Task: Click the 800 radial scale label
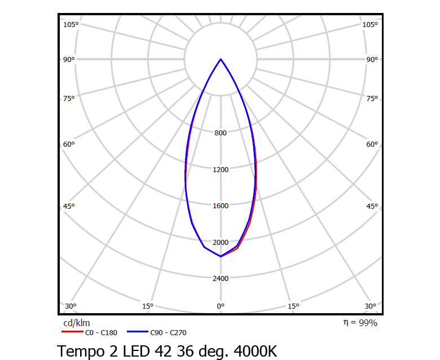click(221, 133)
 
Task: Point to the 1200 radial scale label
click(221, 169)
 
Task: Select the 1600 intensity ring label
click(221, 206)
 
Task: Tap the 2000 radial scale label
click(221, 242)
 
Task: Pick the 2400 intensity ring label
click(221, 279)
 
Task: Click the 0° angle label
click(221, 306)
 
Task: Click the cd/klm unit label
click(76, 323)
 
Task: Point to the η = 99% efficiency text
click(360, 323)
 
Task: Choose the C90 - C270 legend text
click(169, 333)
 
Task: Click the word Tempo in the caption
click(80, 351)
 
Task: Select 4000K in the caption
click(253, 350)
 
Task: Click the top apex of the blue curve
click(221, 59)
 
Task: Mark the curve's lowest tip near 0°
click(221, 256)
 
